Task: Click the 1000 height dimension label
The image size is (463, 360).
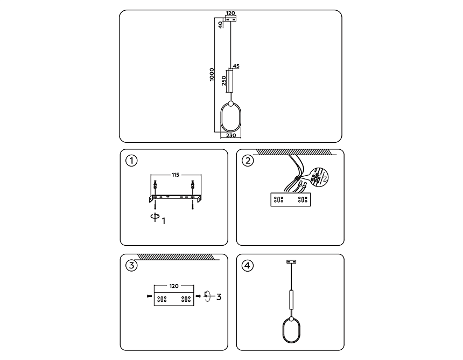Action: point(212,74)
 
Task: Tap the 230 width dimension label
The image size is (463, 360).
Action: point(231,135)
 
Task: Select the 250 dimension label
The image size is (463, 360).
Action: point(224,80)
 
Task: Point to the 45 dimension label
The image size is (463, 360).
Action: point(236,66)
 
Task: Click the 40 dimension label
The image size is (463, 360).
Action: point(221,25)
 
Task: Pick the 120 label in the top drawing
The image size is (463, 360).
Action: point(230,13)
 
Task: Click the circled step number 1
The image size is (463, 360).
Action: point(131,161)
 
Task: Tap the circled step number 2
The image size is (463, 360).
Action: point(248,161)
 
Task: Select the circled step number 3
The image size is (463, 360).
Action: point(131,265)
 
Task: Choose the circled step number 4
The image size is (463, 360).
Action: point(248,265)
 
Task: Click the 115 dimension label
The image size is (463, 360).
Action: point(176,175)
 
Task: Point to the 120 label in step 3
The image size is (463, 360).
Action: point(174,286)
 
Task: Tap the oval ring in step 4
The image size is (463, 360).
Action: point(283,330)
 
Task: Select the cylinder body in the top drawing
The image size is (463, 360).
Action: point(230,81)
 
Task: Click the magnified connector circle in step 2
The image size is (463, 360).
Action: point(319,177)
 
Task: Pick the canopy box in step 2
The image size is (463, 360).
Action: point(291,199)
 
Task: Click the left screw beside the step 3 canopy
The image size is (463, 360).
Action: point(150,296)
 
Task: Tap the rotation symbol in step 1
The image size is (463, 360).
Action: point(155,217)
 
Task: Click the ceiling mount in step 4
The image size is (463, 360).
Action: point(291,261)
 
